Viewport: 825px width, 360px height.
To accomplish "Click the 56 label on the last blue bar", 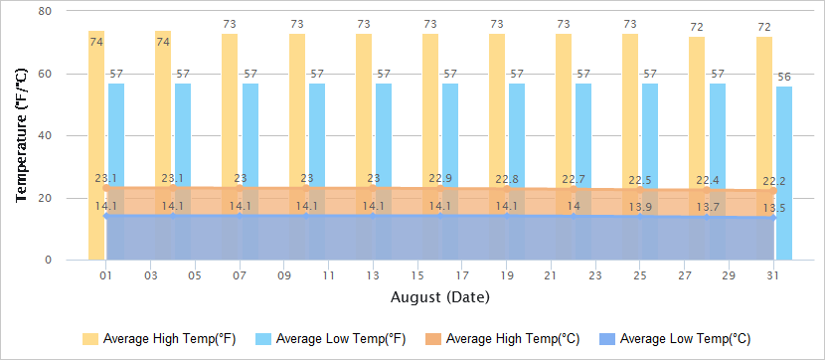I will (x=784, y=78).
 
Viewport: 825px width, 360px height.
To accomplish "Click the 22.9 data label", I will (x=440, y=179).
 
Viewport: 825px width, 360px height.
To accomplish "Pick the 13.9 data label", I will (x=641, y=207).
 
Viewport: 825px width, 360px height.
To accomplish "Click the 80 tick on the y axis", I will (x=45, y=11).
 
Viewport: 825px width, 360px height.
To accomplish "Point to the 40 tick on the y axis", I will (x=45, y=135).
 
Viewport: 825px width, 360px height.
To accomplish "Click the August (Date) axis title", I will (x=440, y=296).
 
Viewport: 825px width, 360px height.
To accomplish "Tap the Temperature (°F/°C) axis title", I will (x=21, y=135).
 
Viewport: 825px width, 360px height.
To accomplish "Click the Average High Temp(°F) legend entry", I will (x=159, y=339).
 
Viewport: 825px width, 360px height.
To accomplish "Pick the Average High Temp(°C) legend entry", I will (x=503, y=339).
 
